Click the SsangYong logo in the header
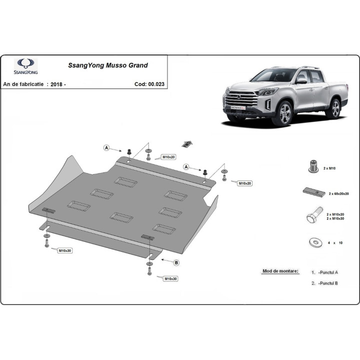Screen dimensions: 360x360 point(25,66)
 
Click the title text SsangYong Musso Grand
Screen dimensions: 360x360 point(108,65)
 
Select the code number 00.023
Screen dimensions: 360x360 point(156,84)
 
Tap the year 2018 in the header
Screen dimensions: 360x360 point(56,84)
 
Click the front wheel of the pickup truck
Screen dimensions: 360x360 point(284,113)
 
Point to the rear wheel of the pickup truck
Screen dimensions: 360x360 point(335,108)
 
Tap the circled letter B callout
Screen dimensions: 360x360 point(176,262)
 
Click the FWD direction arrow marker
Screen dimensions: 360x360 point(187,144)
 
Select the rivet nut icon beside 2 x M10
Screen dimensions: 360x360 point(313,166)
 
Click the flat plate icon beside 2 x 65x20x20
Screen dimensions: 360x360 point(314,192)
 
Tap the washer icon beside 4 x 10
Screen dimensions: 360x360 point(315,242)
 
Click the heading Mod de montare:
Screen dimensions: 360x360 point(280,271)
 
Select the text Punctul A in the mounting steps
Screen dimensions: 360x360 point(329,272)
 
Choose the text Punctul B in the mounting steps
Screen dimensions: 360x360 point(329,283)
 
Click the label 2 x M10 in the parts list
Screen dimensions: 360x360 point(329,168)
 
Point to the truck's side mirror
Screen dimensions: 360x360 point(301,81)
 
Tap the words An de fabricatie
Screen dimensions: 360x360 point(23,84)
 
